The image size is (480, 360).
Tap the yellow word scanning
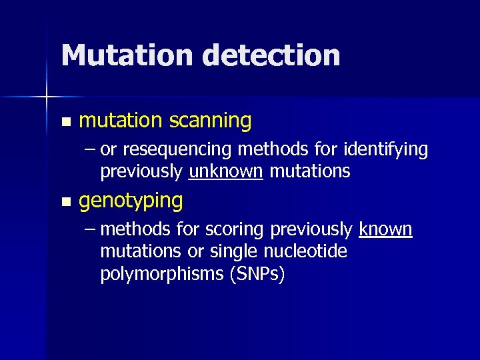click(210, 121)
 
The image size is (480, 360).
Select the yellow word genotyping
click(131, 201)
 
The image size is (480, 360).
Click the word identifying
click(388, 151)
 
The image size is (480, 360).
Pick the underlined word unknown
click(226, 171)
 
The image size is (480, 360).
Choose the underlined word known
click(385, 229)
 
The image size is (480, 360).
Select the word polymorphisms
click(161, 274)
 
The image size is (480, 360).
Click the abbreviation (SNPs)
click(257, 274)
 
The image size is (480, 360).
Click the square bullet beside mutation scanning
click(64, 122)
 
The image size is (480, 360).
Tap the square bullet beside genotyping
click(64, 201)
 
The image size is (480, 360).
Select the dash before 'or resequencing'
click(90, 149)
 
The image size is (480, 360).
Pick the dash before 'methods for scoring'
click(90, 229)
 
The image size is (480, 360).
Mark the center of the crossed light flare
click(47, 97)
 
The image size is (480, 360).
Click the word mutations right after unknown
click(309, 171)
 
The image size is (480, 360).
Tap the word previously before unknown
click(141, 171)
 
